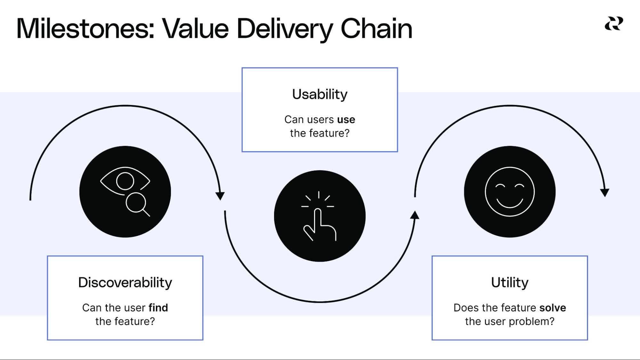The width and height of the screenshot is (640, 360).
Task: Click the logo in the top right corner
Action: [614, 24]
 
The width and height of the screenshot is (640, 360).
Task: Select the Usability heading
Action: [320, 94]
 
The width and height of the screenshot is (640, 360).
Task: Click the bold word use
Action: [346, 120]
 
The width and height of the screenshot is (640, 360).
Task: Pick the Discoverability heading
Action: [125, 283]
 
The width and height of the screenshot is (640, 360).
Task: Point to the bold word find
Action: [158, 308]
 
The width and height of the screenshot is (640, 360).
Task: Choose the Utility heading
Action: [510, 283]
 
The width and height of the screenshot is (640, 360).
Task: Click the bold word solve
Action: [553, 308]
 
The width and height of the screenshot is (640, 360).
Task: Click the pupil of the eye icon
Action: [125, 181]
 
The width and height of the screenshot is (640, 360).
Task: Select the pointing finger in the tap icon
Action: [318, 221]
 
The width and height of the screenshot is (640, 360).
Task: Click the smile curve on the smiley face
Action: [510, 203]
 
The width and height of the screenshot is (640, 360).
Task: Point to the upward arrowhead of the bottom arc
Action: [415, 215]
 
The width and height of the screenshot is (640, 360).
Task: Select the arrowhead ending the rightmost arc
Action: [604, 193]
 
